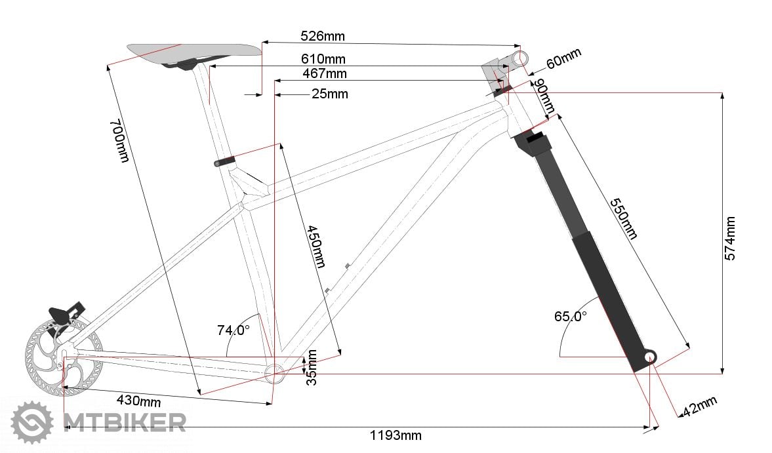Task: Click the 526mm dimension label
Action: click(x=323, y=36)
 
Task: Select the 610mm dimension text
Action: click(x=323, y=59)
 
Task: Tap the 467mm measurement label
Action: click(x=325, y=74)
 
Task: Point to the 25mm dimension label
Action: click(x=330, y=94)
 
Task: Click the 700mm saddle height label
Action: click(x=119, y=141)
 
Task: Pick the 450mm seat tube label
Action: click(x=316, y=246)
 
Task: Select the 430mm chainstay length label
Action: click(x=139, y=401)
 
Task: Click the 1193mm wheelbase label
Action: click(x=396, y=435)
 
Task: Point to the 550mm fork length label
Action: click(x=623, y=219)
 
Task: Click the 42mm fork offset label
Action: click(x=699, y=406)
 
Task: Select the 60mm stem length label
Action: click(x=563, y=58)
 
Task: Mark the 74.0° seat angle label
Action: click(x=234, y=330)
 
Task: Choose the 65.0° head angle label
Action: click(x=571, y=316)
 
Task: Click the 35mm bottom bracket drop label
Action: click(x=311, y=367)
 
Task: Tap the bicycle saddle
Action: click(x=194, y=53)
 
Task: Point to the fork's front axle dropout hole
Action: click(x=650, y=357)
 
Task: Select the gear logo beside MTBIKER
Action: click(x=33, y=423)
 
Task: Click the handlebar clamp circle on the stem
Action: click(x=520, y=58)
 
